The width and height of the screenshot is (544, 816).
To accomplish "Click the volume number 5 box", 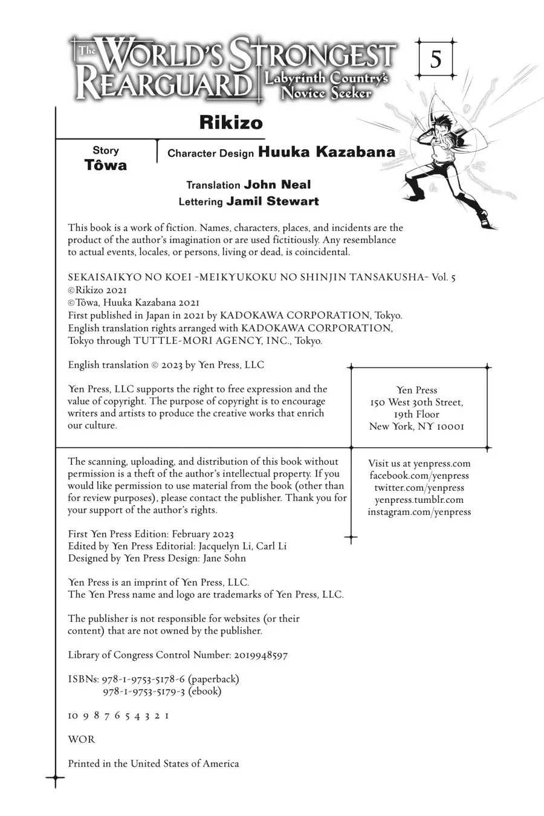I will click(435, 60).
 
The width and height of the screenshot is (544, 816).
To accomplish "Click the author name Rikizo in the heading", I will click(231, 123).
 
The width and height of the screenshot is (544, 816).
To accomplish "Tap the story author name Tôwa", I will click(106, 165).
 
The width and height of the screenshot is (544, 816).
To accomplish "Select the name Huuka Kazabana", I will click(326, 152).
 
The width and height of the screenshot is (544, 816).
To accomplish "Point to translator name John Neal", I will click(277, 184).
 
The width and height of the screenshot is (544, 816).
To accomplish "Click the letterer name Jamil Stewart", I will click(272, 201).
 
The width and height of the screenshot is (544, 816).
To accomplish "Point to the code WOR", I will click(82, 739).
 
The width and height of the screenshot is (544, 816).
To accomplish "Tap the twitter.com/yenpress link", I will click(419, 488).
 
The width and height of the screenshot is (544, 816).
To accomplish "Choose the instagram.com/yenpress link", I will click(419, 512).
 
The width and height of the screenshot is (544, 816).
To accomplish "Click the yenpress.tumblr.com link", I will click(419, 500).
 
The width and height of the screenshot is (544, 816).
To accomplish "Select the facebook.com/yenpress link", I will click(419, 476).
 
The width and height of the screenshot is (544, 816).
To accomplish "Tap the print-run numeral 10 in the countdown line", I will click(73, 716).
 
